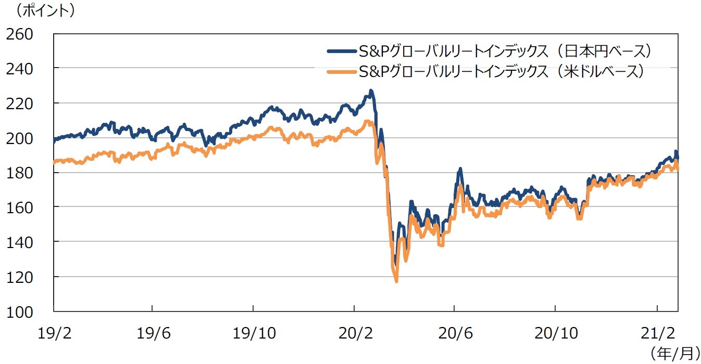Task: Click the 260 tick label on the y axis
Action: point(19,34)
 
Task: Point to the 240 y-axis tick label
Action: point(19,69)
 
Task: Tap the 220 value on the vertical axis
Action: point(19,104)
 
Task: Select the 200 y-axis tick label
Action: point(19,139)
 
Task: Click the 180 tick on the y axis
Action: point(19,173)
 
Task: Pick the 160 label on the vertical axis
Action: point(19,207)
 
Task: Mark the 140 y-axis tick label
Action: point(19,242)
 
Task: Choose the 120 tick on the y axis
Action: point(19,277)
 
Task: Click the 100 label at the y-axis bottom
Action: point(19,312)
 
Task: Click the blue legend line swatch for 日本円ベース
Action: point(341,51)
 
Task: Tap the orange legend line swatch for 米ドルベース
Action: point(341,72)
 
